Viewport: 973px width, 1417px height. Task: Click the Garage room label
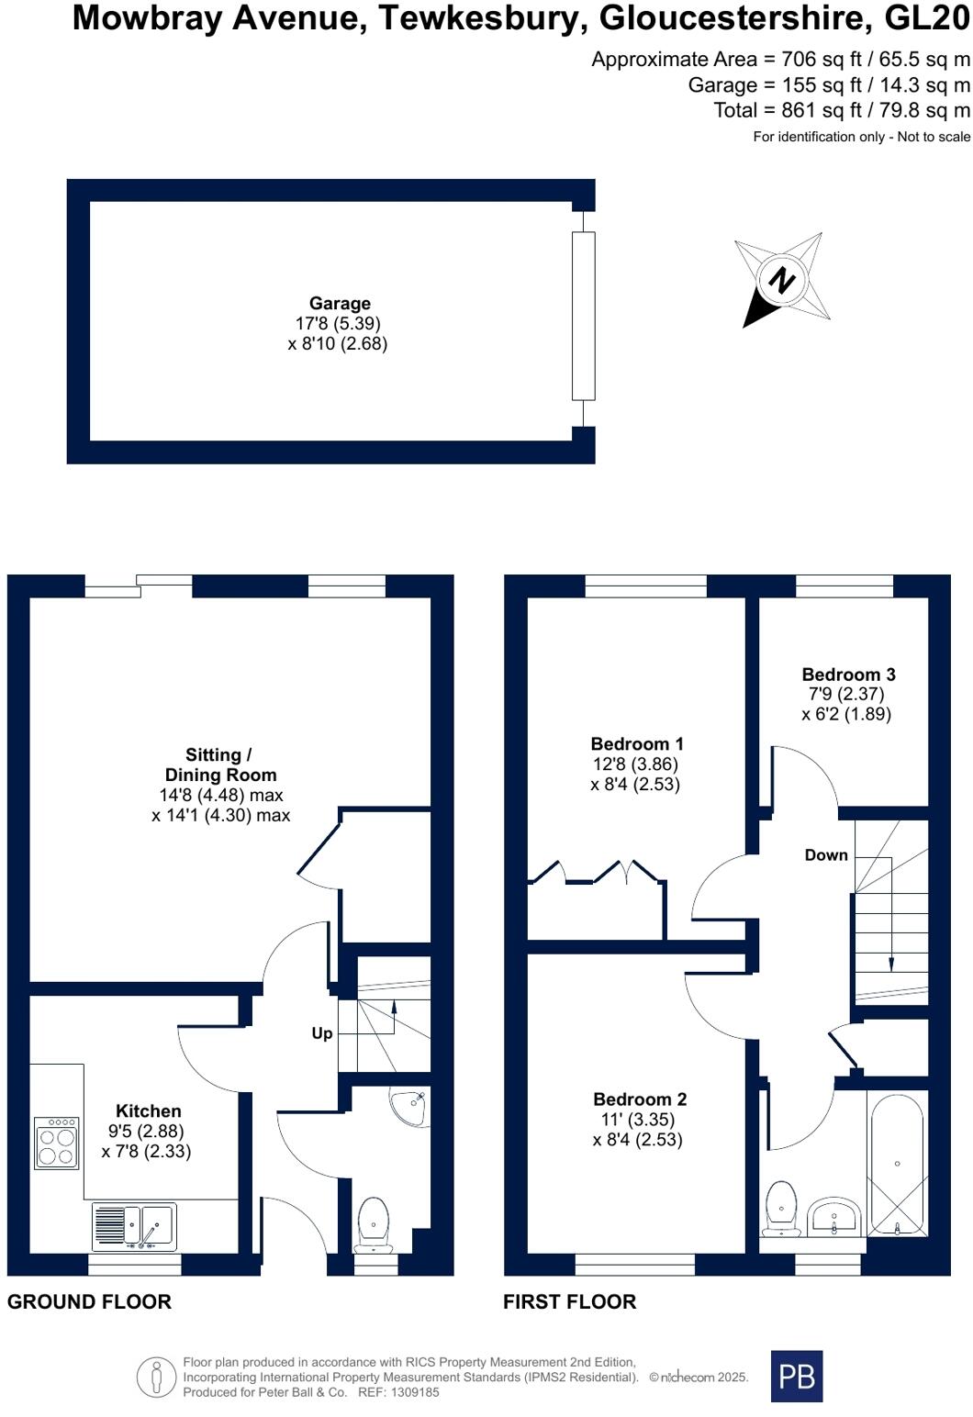(x=340, y=304)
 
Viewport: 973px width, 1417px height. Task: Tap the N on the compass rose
(x=781, y=279)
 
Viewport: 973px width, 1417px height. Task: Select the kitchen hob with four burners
(x=57, y=1143)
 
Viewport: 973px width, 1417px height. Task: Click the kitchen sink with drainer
(x=135, y=1226)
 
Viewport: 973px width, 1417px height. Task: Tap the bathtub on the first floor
(x=896, y=1164)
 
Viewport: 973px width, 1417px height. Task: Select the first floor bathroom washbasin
(x=833, y=1216)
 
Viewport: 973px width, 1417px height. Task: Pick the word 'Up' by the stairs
(x=322, y=1033)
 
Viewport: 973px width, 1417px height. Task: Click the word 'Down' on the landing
(x=826, y=855)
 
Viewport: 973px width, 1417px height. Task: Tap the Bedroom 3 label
(x=848, y=675)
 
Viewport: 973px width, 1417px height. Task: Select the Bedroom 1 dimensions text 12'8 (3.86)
(x=635, y=764)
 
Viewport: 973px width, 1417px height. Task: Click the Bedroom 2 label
(x=640, y=1099)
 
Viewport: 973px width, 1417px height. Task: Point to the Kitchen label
(x=148, y=1111)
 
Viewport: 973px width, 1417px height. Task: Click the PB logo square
(x=797, y=1376)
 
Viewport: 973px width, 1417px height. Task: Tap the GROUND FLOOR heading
(x=89, y=1301)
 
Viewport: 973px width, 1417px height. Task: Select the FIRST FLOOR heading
(x=569, y=1301)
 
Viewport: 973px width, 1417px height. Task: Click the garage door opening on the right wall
(x=583, y=316)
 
